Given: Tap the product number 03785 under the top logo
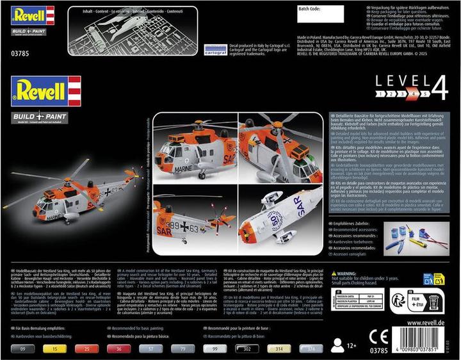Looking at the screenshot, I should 20,37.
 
